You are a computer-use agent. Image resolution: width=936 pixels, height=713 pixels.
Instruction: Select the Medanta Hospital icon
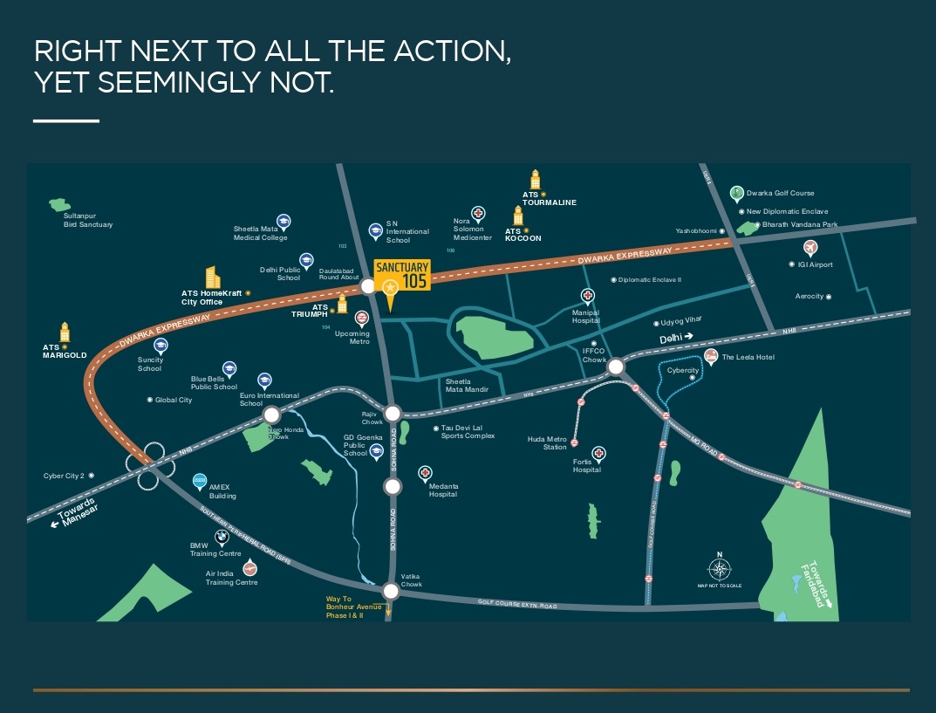click(x=425, y=473)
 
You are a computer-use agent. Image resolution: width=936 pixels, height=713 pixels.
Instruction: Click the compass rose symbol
click(x=719, y=570)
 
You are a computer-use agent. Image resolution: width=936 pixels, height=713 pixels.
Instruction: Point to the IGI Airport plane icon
click(x=810, y=247)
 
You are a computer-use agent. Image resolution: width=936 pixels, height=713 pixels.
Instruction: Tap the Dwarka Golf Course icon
click(x=736, y=193)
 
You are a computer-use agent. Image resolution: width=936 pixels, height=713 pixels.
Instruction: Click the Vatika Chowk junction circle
click(x=391, y=591)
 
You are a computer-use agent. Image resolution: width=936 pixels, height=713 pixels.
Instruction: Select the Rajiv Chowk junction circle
click(x=393, y=414)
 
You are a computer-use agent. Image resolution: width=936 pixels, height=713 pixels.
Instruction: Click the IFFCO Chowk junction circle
click(x=616, y=367)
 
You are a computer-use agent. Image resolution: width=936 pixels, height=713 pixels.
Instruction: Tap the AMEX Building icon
click(x=199, y=481)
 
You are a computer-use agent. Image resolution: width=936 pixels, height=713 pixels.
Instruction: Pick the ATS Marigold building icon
click(x=64, y=333)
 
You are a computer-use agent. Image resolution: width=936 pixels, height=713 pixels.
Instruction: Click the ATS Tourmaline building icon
click(x=536, y=179)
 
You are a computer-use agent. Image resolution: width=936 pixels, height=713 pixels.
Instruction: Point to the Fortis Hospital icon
click(x=598, y=453)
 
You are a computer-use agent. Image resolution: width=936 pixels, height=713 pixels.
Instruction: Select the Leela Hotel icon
click(x=711, y=356)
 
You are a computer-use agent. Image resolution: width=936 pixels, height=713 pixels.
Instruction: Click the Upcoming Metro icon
click(x=362, y=317)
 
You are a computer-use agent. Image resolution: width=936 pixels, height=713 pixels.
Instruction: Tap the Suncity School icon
click(x=161, y=346)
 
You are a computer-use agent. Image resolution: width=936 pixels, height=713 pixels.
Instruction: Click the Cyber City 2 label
click(x=65, y=476)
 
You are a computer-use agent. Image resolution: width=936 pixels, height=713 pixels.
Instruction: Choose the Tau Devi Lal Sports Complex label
click(x=468, y=432)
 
